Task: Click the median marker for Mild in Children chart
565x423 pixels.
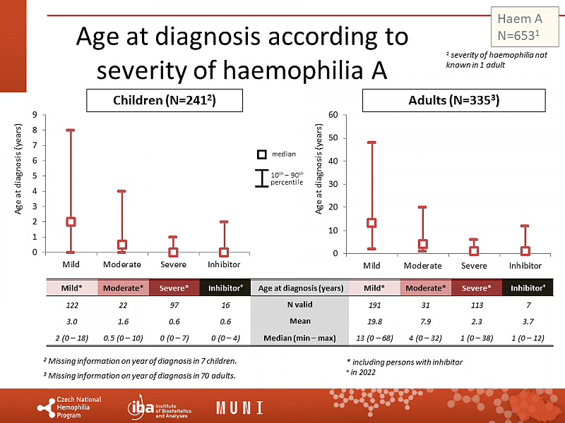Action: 71,221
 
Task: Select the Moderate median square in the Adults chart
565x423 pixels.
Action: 422,245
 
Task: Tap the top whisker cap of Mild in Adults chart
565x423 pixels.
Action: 371,142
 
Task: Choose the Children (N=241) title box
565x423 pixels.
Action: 165,101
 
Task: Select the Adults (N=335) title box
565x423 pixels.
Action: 454,101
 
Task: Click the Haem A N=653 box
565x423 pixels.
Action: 520,26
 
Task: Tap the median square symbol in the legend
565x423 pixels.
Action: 261,154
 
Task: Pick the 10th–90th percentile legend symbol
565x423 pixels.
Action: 261,178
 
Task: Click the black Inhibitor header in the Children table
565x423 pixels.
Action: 224,288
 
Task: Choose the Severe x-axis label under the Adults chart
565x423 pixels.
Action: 474,266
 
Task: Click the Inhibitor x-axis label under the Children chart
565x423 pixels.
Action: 224,264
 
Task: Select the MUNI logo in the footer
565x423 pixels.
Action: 239,407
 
